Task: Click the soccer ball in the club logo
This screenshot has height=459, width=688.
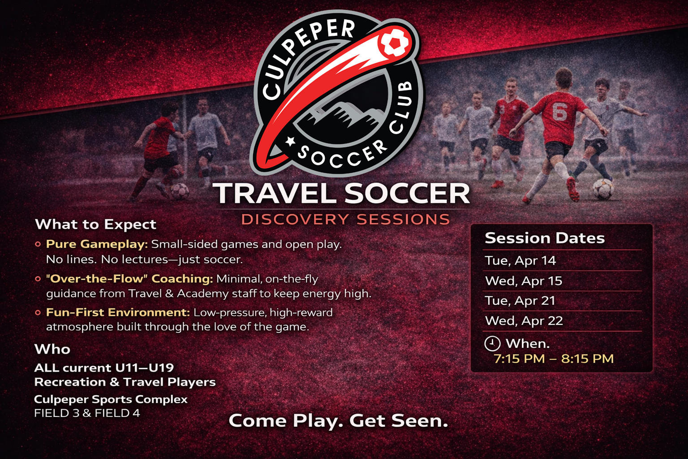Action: [395, 42]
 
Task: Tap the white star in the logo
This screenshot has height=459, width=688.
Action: [290, 141]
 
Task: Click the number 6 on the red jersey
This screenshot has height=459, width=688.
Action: [559, 112]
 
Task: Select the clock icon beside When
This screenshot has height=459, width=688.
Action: [492, 343]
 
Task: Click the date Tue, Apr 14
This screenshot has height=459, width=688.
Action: [520, 261]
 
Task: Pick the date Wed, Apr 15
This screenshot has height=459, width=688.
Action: [524, 281]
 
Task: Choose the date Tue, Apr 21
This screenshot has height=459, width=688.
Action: [520, 301]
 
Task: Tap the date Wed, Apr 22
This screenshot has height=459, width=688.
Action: [524, 320]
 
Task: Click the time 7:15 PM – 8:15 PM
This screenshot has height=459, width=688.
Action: [554, 359]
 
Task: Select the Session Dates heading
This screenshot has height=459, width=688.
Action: [545, 238]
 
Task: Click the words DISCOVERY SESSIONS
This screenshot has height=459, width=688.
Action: [345, 220]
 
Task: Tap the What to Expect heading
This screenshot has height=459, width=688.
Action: [95, 225]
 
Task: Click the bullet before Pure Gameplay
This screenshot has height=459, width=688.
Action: [38, 244]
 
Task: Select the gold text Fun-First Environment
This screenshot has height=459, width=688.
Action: [118, 312]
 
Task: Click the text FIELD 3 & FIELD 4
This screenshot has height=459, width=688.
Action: [87, 413]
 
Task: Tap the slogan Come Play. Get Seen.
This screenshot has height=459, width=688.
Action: [338, 421]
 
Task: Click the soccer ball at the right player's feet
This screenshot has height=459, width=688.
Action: [603, 189]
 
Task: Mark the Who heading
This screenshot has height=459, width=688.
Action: [52, 349]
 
